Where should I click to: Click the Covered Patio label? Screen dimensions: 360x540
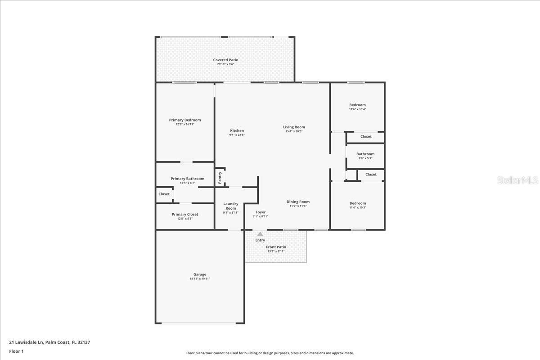(225, 60)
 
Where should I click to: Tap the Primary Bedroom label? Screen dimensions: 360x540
(185, 120)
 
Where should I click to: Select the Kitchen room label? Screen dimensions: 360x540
(237, 131)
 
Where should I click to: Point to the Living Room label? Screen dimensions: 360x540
(294, 127)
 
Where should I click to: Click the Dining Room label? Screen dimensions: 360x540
(298, 202)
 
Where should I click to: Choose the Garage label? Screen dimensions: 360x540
(200, 274)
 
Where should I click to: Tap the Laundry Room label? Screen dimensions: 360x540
(231, 206)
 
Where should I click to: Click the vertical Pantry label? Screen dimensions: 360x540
(220, 177)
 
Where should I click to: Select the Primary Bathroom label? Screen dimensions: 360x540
(187, 179)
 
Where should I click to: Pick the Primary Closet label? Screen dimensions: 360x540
(184, 215)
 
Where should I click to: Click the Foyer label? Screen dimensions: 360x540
(261, 212)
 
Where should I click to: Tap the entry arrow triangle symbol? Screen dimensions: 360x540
(260, 234)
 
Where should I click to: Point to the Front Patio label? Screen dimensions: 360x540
(276, 247)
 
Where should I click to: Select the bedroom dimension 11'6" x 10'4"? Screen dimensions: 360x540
(357, 109)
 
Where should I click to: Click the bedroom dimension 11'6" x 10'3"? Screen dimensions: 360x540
(357, 207)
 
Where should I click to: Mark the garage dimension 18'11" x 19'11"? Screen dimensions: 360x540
(200, 279)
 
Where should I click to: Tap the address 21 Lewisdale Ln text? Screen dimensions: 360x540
(49, 342)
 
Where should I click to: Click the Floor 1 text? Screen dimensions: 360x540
(16, 351)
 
